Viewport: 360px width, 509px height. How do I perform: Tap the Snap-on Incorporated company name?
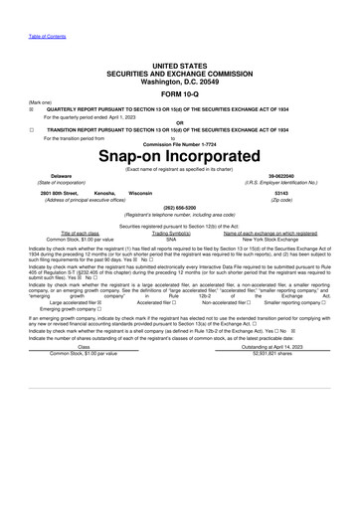coord(179,157)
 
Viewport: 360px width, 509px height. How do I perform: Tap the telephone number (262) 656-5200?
coord(179,208)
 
